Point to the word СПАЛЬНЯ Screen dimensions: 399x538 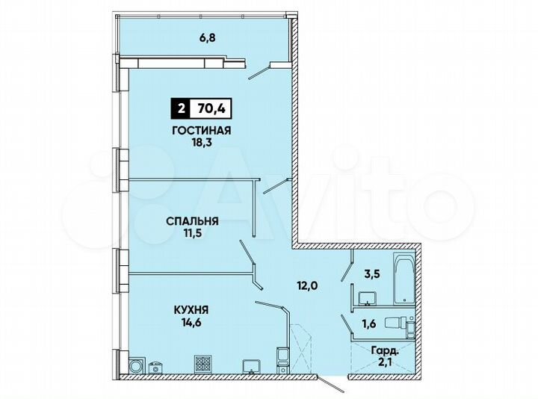coord(192,220)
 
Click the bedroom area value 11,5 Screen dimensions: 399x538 coord(192,233)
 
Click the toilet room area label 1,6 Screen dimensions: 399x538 coord(368,323)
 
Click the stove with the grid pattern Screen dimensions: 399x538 coord(204,363)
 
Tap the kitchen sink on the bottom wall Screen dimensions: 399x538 coord(250,365)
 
